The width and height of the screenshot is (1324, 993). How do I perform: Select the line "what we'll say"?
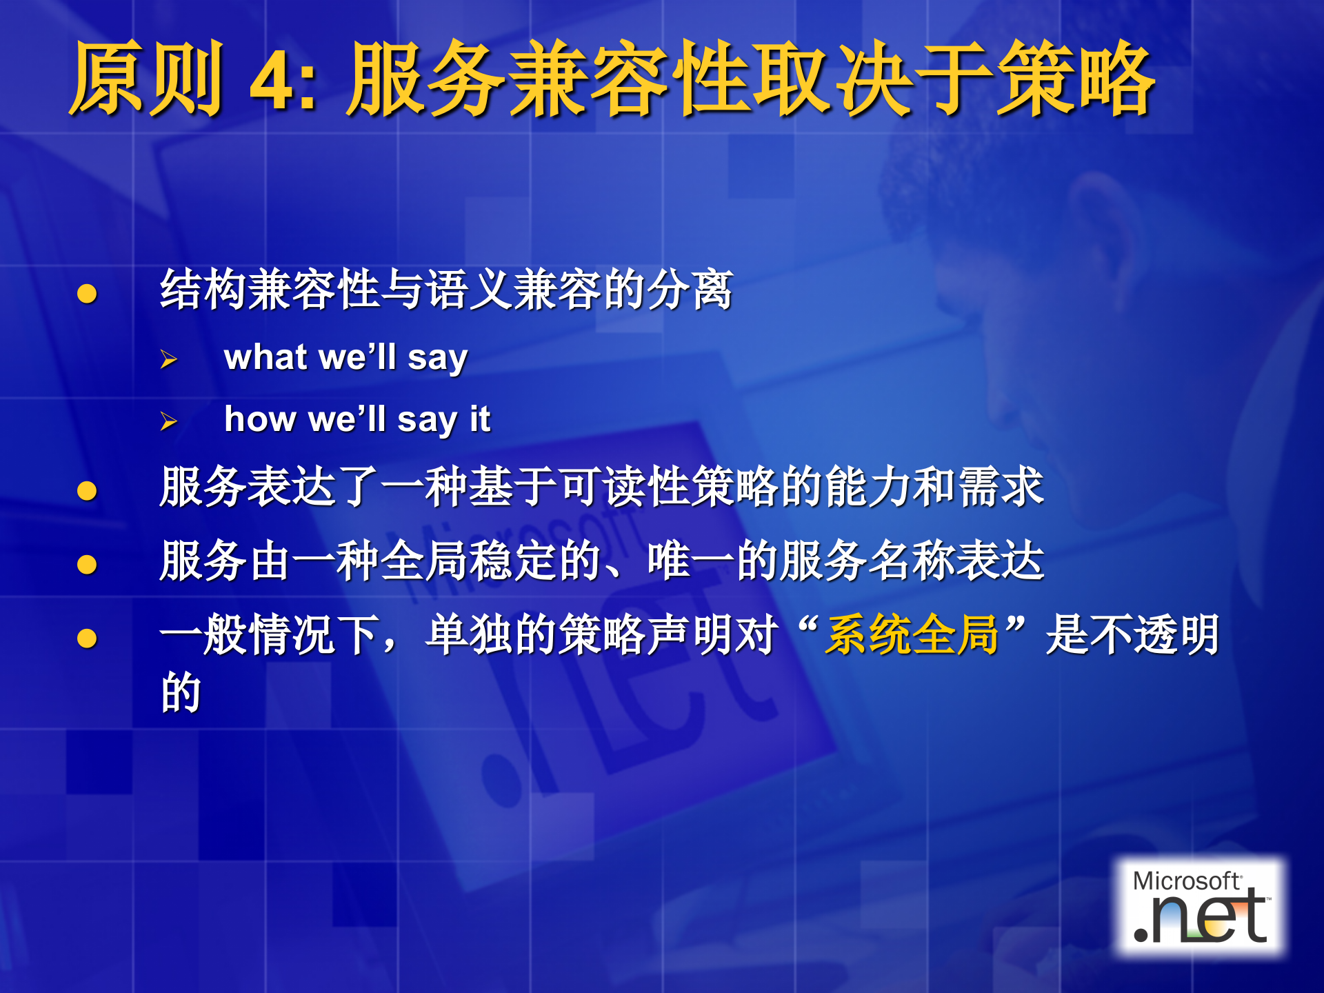click(345, 358)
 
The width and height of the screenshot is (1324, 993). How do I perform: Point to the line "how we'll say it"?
click(357, 420)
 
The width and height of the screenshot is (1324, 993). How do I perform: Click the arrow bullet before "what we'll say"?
click(168, 359)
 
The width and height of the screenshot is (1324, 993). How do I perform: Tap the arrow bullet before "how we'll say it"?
click(168, 421)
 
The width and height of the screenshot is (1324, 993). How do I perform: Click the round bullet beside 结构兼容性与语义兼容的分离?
click(87, 294)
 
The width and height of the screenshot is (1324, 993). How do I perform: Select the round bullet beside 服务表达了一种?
click(87, 491)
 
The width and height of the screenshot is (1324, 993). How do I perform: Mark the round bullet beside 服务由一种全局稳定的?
click(87, 565)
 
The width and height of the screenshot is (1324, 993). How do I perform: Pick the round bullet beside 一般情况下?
click(87, 639)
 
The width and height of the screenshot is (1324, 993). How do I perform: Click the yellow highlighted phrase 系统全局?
click(912, 634)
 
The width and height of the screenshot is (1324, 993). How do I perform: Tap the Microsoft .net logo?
click(1200, 907)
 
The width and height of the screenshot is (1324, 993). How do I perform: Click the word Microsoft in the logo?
click(1186, 881)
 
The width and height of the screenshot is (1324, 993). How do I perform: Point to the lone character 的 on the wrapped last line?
click(181, 692)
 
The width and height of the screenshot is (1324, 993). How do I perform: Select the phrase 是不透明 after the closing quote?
click(1132, 634)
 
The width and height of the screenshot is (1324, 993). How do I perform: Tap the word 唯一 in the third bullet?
click(691, 561)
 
